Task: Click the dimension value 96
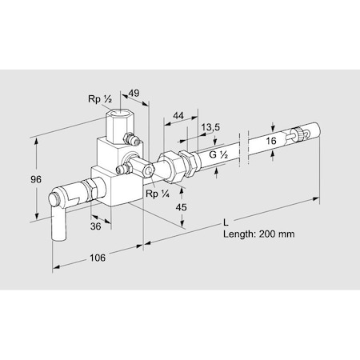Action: tap(36, 179)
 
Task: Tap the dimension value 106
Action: tap(98, 258)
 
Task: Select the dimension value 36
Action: tap(95, 226)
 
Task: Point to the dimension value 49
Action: tap(134, 93)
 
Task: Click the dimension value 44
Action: tap(178, 115)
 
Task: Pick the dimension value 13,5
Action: tap(210, 127)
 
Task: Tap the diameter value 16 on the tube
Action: tap(271, 141)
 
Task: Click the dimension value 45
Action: tap(181, 207)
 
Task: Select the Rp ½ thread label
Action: tap(100, 99)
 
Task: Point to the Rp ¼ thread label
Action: tap(158, 194)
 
